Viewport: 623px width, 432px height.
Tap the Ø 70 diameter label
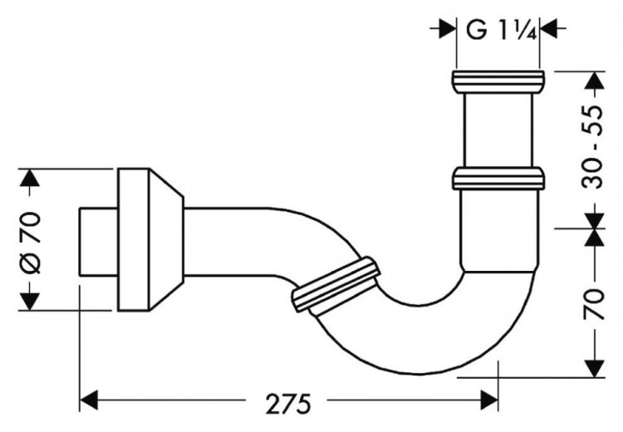coord(30,240)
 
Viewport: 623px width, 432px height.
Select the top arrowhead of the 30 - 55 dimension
coord(593,81)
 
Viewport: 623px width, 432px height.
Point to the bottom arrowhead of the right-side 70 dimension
coord(593,366)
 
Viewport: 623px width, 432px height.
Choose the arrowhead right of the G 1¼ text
coord(549,29)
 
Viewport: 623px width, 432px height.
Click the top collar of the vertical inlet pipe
coord(498,81)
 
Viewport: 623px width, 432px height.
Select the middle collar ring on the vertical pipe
coord(498,178)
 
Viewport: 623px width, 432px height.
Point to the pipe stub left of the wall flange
coord(96,240)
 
